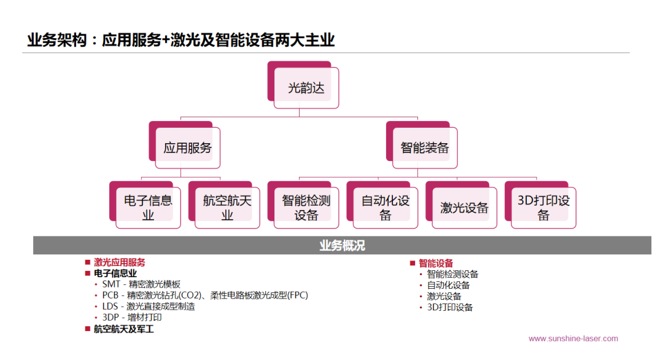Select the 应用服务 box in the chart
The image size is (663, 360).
point(187,147)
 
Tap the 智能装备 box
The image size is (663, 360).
point(425,147)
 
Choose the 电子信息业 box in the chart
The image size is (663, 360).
point(148,207)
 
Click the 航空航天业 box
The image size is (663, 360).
point(227,207)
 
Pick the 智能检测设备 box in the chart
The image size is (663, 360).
point(306,207)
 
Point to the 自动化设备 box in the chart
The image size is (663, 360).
point(385,207)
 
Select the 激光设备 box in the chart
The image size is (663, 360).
point(464,208)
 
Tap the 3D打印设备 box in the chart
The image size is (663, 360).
point(543,207)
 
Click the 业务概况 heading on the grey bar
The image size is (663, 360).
point(342,246)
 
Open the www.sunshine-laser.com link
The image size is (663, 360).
point(573,338)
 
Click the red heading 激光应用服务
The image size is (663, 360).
point(120,262)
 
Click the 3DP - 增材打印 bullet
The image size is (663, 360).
point(132,318)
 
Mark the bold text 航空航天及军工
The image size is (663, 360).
point(123,329)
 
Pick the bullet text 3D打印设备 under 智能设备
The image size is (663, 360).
point(450,307)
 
